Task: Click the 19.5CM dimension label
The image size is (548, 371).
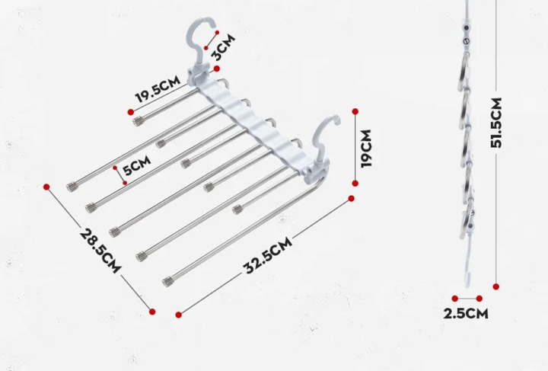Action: coord(158,90)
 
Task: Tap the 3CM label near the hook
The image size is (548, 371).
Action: coord(224,47)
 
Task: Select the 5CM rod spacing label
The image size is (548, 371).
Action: coord(137,165)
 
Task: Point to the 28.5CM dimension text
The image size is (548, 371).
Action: coord(100,251)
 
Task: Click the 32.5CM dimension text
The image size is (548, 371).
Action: coord(268,255)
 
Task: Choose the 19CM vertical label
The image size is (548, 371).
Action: coord(366,149)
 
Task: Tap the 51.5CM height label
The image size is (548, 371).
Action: coord(496,123)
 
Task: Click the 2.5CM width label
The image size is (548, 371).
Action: coord(466,313)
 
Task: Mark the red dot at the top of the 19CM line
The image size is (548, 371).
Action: coord(355,111)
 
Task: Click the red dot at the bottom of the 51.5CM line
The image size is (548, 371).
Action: coord(496,286)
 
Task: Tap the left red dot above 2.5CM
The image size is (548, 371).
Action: coord(454,299)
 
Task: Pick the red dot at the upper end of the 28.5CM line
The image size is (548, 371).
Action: coord(46,187)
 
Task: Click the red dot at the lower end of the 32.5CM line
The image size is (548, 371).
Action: coord(179,315)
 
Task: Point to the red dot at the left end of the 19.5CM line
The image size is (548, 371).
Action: coord(131,112)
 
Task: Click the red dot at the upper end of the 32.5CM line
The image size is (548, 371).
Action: coord(351,199)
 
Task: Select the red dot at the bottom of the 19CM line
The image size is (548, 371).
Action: coord(355,184)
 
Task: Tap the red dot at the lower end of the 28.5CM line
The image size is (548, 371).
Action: coord(152,312)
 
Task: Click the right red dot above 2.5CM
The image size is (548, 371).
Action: coord(479,299)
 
